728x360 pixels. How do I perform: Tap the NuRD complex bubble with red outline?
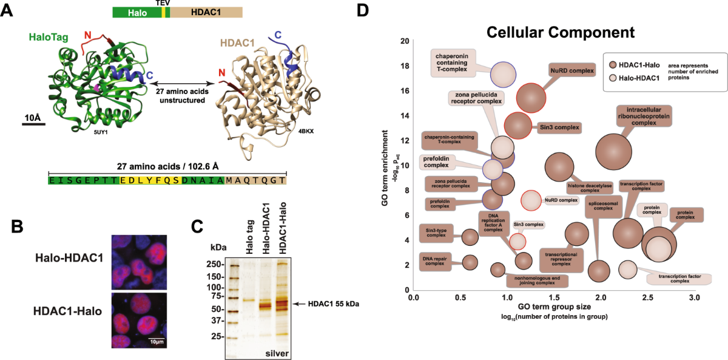pos(531,97)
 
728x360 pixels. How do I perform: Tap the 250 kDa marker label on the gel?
pos(213,265)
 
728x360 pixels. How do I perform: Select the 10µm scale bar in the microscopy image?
pos(157,337)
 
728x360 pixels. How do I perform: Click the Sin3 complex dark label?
pos(560,128)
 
